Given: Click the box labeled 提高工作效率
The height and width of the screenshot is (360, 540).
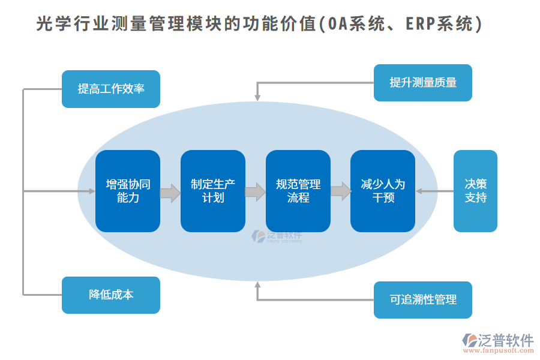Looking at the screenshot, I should pyautogui.click(x=111, y=89).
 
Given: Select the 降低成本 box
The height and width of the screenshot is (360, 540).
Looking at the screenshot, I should pyautogui.click(x=111, y=295).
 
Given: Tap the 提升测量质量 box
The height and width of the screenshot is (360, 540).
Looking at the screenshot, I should pyautogui.click(x=422, y=83).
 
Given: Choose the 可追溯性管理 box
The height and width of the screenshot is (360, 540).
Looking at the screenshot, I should pyautogui.click(x=422, y=299).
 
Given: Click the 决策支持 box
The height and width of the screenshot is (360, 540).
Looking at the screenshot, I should pyautogui.click(x=475, y=191).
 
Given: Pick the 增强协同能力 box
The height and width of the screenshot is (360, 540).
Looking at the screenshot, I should pyautogui.click(x=128, y=191).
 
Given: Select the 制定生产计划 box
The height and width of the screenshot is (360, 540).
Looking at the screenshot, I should pyautogui.click(x=213, y=191).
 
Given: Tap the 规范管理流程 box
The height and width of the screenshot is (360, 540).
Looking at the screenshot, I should pyautogui.click(x=298, y=191).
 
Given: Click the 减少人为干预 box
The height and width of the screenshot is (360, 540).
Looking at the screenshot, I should pyautogui.click(x=383, y=191).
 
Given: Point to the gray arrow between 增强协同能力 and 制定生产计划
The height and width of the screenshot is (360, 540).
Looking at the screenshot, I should pyautogui.click(x=170, y=193).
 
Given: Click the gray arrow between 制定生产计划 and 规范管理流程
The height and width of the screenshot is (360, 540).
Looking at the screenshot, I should pyautogui.click(x=256, y=192).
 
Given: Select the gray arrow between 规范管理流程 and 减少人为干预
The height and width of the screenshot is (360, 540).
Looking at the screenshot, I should pyautogui.click(x=341, y=191).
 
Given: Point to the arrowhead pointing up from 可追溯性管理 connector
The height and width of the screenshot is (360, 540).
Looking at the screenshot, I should pyautogui.click(x=258, y=284).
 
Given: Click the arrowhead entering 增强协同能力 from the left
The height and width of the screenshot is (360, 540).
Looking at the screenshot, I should pyautogui.click(x=92, y=191).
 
